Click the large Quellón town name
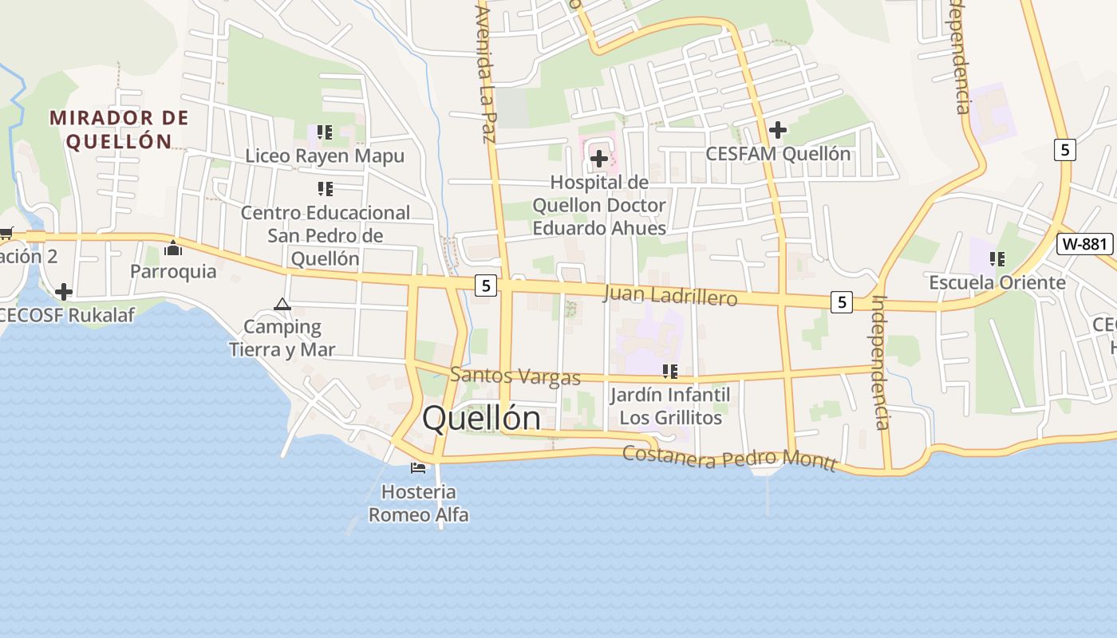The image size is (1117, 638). tap(481, 418)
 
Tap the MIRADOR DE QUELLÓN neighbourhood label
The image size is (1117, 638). tap(119, 130)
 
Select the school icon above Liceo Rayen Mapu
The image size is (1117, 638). tap(324, 132)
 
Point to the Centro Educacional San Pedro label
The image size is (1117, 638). tap(326, 235)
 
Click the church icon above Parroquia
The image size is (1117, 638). tap(173, 249)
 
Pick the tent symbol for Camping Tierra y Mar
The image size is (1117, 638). tap(282, 304)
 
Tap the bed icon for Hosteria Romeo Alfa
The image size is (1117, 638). tap(418, 467)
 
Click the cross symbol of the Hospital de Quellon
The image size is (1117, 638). tap(598, 159)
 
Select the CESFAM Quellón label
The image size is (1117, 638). tap(778, 154)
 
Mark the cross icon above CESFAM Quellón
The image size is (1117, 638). tap(777, 129)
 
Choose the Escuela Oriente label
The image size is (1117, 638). tap(997, 282)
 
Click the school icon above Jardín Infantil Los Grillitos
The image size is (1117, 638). tap(670, 371)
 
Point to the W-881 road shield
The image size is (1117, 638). tap(1084, 244)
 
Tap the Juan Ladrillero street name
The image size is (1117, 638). tap(670, 296)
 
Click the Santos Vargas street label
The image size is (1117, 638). tap(515, 376)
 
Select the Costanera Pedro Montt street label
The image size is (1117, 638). tap(729, 458)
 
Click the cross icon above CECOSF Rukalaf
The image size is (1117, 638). tap(64, 292)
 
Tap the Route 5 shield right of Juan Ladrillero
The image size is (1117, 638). tap(841, 302)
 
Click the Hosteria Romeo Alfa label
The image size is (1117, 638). tap(418, 503)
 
